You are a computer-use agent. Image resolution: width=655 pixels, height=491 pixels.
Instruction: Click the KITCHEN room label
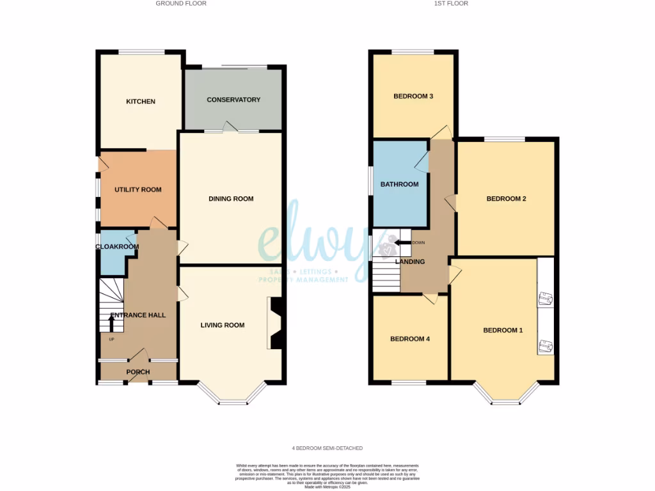(x=141, y=102)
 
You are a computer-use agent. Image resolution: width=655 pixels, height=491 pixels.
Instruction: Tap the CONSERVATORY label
(x=233, y=100)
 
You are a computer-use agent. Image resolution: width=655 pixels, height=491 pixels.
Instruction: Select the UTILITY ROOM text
(x=138, y=190)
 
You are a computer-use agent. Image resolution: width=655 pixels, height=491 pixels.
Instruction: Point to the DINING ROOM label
(x=231, y=199)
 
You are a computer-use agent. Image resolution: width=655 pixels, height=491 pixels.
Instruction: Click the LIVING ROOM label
(x=223, y=325)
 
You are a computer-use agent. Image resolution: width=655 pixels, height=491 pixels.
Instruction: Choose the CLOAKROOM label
(x=117, y=247)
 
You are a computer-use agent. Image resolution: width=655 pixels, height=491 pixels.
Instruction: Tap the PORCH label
(x=138, y=372)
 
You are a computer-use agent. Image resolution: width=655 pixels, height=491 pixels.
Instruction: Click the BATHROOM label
(x=399, y=185)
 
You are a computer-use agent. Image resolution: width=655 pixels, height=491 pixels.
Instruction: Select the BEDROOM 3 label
(x=413, y=97)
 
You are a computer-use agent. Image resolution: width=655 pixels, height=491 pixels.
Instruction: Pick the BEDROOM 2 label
(x=506, y=199)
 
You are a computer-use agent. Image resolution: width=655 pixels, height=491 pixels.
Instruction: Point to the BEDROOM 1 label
(x=503, y=331)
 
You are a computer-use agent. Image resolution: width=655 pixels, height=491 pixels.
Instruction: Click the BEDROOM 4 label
(x=409, y=339)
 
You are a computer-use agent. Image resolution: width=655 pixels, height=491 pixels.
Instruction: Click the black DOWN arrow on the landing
(x=402, y=243)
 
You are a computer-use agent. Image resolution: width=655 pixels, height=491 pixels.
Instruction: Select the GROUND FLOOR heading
(x=181, y=3)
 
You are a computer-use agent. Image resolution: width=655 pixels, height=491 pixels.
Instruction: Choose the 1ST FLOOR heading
(x=451, y=3)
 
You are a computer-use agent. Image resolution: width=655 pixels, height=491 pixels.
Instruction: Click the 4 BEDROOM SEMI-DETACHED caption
(x=327, y=448)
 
